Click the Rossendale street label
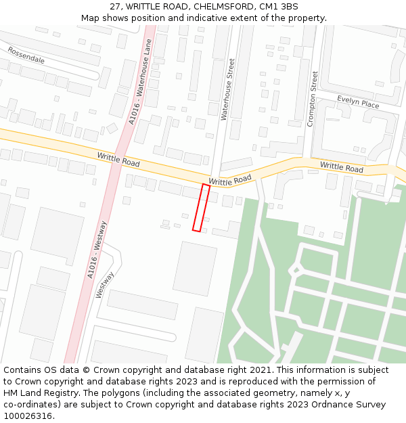click(26, 55)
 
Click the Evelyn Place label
click(358, 102)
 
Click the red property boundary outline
click(201, 208)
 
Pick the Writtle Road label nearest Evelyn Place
click(341, 166)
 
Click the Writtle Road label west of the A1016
click(118, 160)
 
